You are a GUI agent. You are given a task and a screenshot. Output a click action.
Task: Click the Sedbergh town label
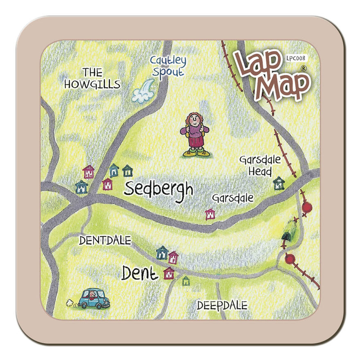coord(158,189)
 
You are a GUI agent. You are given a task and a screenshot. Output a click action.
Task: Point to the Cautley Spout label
coord(168,66)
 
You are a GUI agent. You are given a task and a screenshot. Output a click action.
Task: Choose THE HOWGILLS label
coord(92,79)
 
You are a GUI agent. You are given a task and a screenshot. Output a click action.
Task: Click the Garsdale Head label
coord(260,165)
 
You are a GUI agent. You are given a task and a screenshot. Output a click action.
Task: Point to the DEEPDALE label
coord(222,305)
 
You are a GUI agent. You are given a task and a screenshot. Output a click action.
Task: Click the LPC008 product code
coord(295,59)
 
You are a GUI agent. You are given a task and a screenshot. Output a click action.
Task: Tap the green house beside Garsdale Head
coord(279,183)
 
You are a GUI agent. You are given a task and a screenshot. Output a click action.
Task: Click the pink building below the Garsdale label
coord(210,214)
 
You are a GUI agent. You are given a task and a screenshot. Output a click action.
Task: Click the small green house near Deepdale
coord(186,281)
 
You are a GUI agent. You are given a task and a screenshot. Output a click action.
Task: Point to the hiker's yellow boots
coord(196,153)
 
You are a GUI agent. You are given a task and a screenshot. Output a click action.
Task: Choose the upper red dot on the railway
coord(307,207)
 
